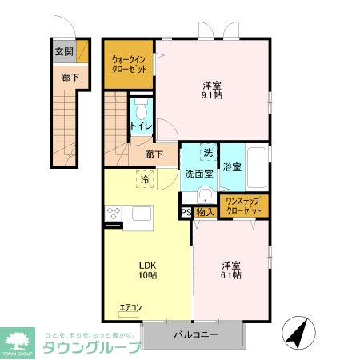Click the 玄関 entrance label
pyautogui.click(x=64, y=51)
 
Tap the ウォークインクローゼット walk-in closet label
pyautogui.click(x=128, y=63)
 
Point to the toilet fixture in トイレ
pyautogui.click(x=142, y=110)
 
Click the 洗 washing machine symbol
pyautogui.click(x=207, y=152)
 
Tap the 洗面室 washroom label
pyautogui.click(x=198, y=173)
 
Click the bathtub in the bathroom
pyautogui.click(x=256, y=166)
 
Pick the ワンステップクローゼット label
pyautogui.click(x=243, y=206)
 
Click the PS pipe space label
pyautogui.click(x=185, y=212)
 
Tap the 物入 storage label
pyautogui.click(x=204, y=212)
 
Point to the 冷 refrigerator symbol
pyautogui.click(x=144, y=180)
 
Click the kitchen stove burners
pyautogui.click(x=113, y=214)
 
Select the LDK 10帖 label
pyautogui.click(x=146, y=270)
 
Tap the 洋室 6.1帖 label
pyautogui.click(x=232, y=270)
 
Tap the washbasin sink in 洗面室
pyautogui.click(x=204, y=195)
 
